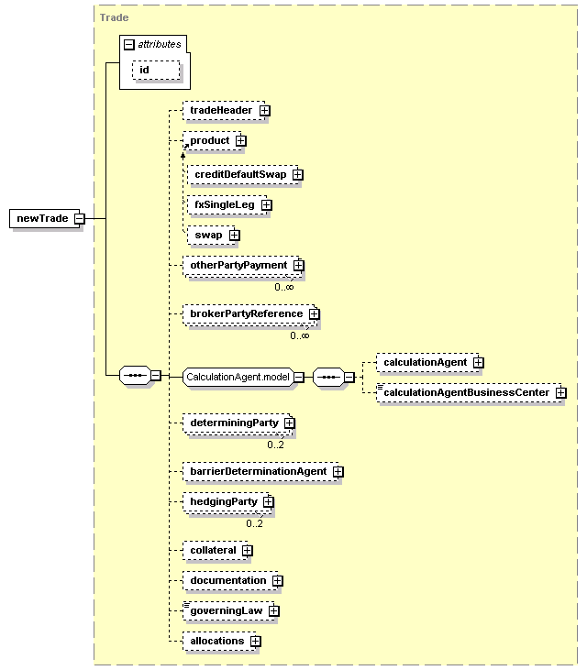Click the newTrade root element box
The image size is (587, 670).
(x=45, y=218)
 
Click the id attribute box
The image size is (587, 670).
(x=156, y=70)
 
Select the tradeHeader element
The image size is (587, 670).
(x=224, y=111)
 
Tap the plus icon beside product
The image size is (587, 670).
(x=241, y=140)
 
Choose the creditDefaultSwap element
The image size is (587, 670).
(x=243, y=175)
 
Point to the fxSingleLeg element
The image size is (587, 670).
(x=227, y=205)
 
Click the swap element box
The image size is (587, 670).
(x=211, y=236)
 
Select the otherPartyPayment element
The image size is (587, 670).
(x=242, y=266)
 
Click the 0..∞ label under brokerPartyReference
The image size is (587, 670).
(x=300, y=335)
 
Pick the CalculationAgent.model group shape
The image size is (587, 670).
(x=238, y=378)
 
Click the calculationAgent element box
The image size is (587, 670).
(x=427, y=362)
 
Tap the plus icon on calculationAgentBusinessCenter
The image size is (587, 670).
(x=561, y=392)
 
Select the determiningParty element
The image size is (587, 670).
(x=238, y=423)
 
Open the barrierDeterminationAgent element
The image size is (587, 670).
(x=260, y=472)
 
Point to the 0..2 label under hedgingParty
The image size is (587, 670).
(x=254, y=524)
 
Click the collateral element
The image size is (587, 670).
(x=215, y=550)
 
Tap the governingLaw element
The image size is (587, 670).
(x=228, y=611)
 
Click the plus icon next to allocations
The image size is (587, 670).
(x=256, y=642)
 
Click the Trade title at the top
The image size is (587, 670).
(x=114, y=17)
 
